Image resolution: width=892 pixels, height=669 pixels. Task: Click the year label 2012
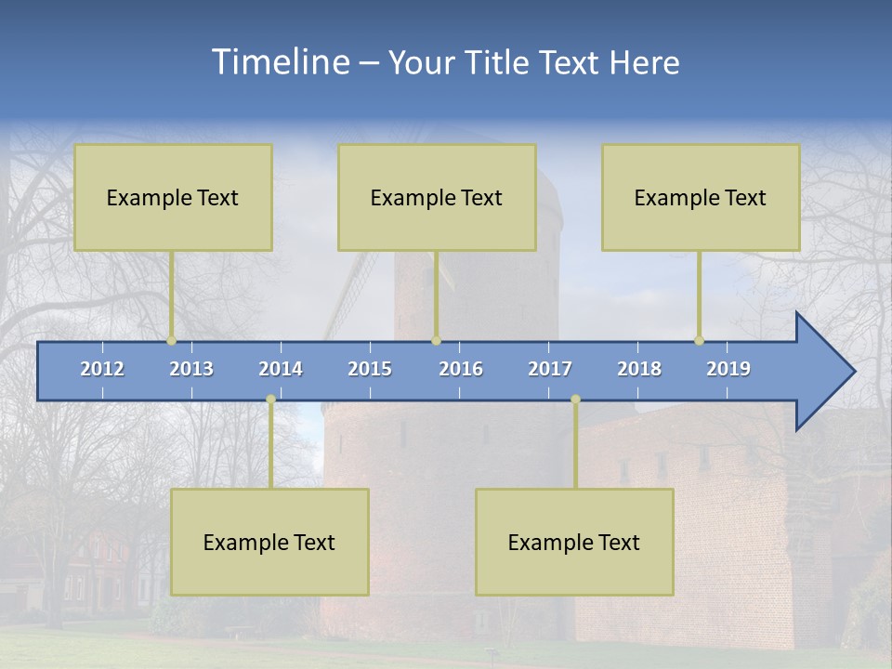tap(102, 369)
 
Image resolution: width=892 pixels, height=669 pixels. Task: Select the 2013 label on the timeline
tap(191, 369)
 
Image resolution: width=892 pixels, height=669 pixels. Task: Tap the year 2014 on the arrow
tap(281, 369)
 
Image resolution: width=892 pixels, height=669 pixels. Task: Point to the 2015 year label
tap(370, 369)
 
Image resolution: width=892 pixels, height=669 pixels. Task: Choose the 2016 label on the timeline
tap(461, 369)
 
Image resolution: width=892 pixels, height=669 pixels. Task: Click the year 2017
tap(550, 369)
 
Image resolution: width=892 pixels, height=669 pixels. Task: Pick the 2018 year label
tap(639, 369)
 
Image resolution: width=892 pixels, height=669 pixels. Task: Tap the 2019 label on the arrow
tap(728, 369)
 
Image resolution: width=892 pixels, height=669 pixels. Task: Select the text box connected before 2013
tap(173, 197)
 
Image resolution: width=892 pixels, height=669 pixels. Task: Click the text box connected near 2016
tap(437, 197)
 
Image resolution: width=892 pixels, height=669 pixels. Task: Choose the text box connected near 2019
tap(701, 197)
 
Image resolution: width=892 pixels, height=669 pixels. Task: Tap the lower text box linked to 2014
tap(269, 542)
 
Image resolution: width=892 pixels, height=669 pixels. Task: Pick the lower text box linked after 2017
tap(574, 542)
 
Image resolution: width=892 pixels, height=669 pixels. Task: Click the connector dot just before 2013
tap(172, 340)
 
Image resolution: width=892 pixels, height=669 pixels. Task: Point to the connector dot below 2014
tap(270, 400)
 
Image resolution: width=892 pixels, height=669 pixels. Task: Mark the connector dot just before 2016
tap(436, 340)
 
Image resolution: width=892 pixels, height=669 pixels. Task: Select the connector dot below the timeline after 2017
tap(575, 400)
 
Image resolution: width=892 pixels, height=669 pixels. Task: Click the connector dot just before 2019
tap(700, 340)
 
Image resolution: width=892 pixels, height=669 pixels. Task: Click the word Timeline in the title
tap(279, 62)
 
